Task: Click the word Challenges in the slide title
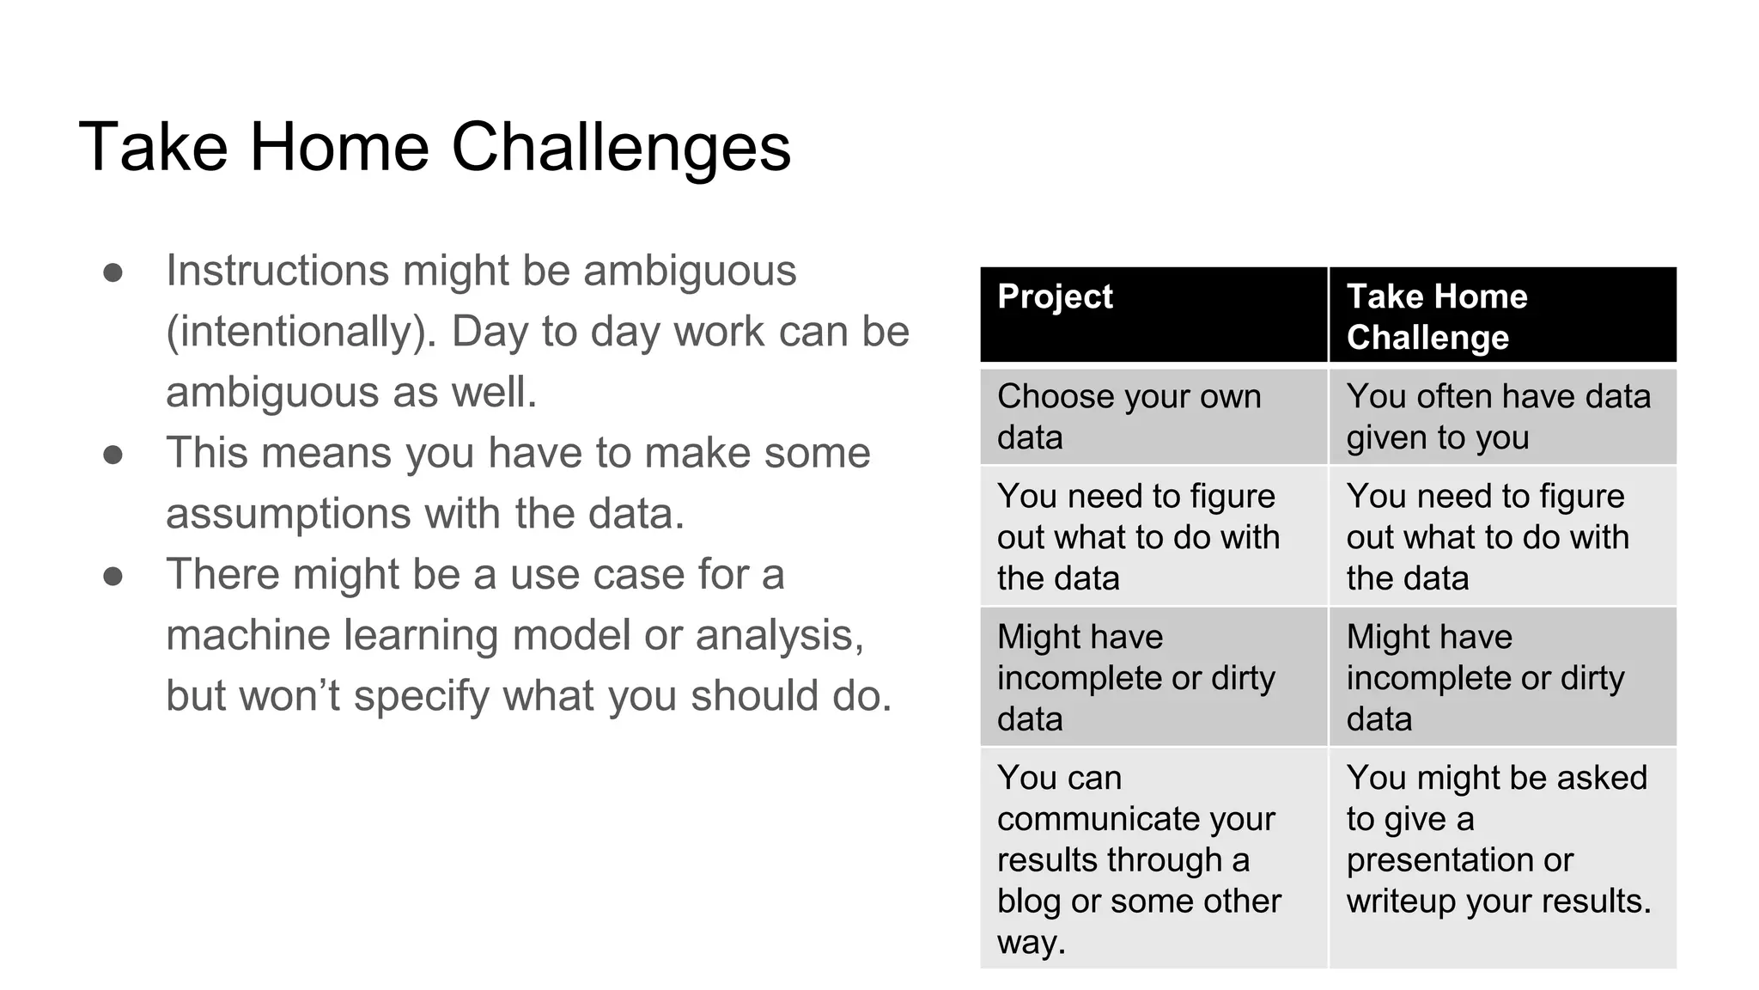click(x=620, y=148)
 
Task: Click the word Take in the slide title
click(x=153, y=148)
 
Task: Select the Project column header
click(x=1153, y=315)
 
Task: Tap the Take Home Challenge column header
click(x=1501, y=315)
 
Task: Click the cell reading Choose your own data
click(x=1153, y=417)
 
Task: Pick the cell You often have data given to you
click(x=1501, y=417)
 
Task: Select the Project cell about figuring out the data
click(x=1153, y=536)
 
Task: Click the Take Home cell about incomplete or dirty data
click(x=1501, y=677)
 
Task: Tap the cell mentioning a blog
click(x=1153, y=859)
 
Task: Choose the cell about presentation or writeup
click(x=1501, y=859)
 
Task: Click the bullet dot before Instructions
click(x=113, y=272)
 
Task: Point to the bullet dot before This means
click(x=113, y=455)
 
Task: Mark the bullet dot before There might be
click(x=113, y=576)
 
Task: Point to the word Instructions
click(x=277, y=271)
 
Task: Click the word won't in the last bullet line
click(x=290, y=696)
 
